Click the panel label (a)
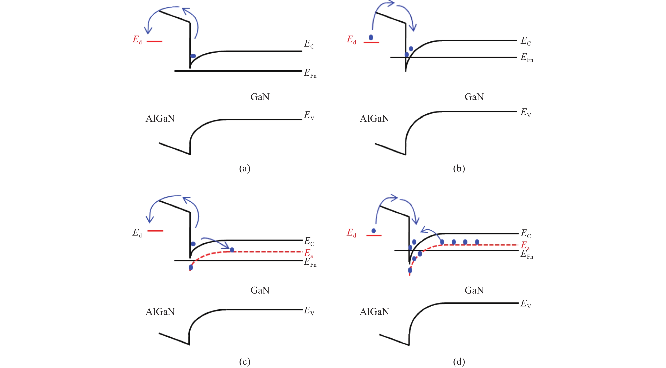[x=245, y=168]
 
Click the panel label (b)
[x=459, y=168]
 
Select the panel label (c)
[x=245, y=361]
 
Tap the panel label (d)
[x=459, y=361]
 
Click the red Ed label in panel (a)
[x=137, y=40]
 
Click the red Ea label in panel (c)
[x=308, y=253]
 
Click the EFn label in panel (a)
[x=310, y=73]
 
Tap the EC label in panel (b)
[x=526, y=41]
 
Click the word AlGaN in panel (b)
[x=374, y=119]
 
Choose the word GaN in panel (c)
[x=260, y=290]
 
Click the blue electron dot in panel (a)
[x=193, y=56]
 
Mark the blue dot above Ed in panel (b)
[x=371, y=37]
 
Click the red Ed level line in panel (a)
[x=154, y=41]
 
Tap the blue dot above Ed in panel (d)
[x=373, y=231]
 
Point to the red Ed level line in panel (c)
[x=155, y=231]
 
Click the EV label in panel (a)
[x=309, y=115]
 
